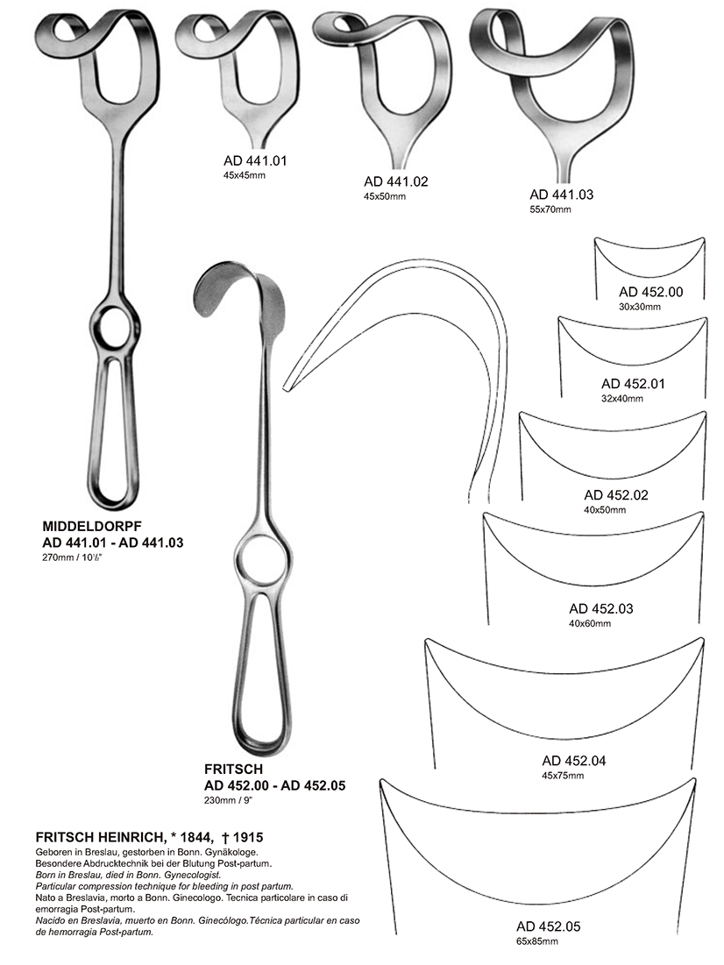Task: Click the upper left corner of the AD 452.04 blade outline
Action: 426,640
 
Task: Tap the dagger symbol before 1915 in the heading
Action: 224,837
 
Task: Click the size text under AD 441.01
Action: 245,175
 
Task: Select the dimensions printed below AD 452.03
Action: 590,623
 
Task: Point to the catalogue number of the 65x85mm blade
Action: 549,926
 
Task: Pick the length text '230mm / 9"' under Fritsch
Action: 229,801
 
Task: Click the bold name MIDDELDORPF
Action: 92,527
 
